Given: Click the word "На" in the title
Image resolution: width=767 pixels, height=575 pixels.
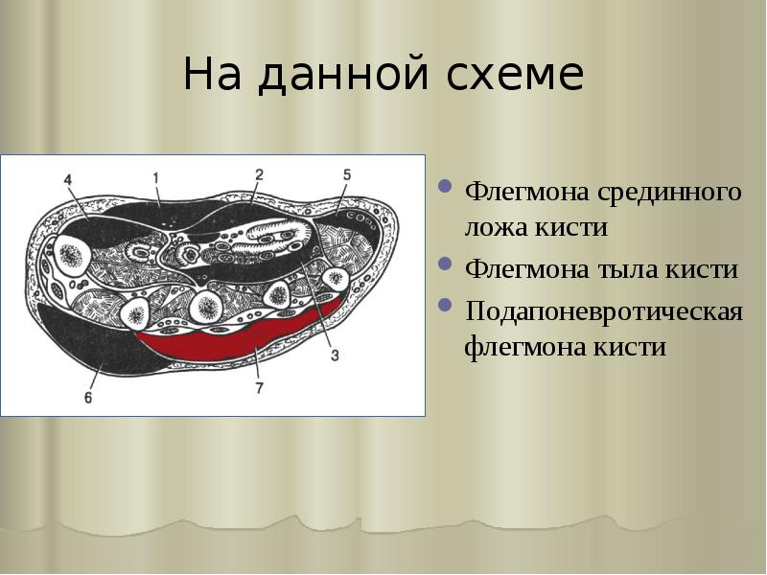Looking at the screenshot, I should [x=210, y=75].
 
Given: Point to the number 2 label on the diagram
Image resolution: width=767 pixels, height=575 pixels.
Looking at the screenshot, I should [x=258, y=173].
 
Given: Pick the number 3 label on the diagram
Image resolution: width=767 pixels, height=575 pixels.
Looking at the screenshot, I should [x=335, y=356].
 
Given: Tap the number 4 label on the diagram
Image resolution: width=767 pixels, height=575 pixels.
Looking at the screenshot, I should [x=67, y=179].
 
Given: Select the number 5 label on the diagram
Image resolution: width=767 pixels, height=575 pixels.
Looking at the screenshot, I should [x=347, y=174].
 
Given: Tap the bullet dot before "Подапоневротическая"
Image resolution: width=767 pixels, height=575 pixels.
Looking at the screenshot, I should [x=446, y=306].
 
